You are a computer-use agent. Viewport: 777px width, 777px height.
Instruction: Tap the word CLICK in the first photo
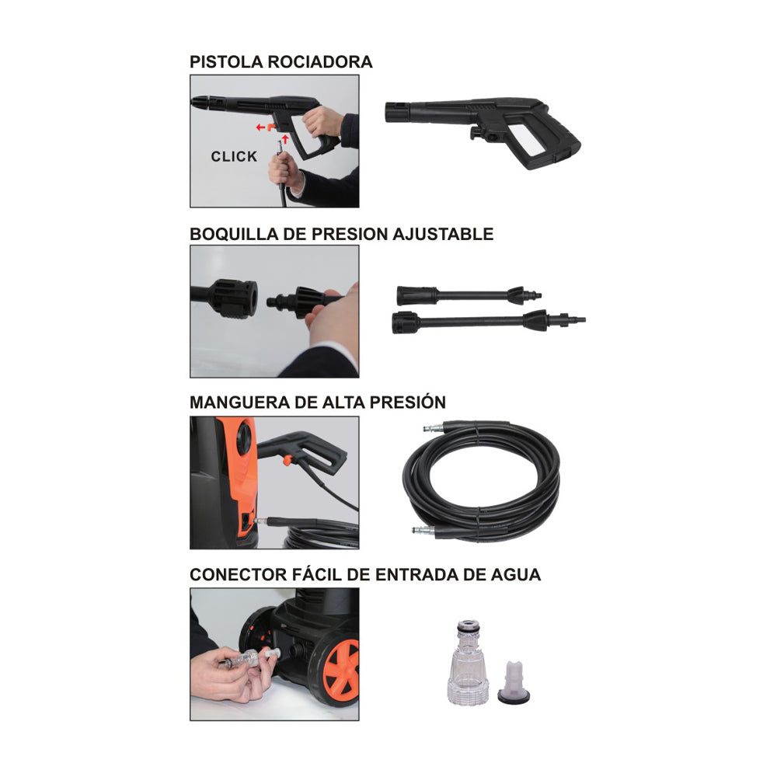pyautogui.click(x=234, y=156)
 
